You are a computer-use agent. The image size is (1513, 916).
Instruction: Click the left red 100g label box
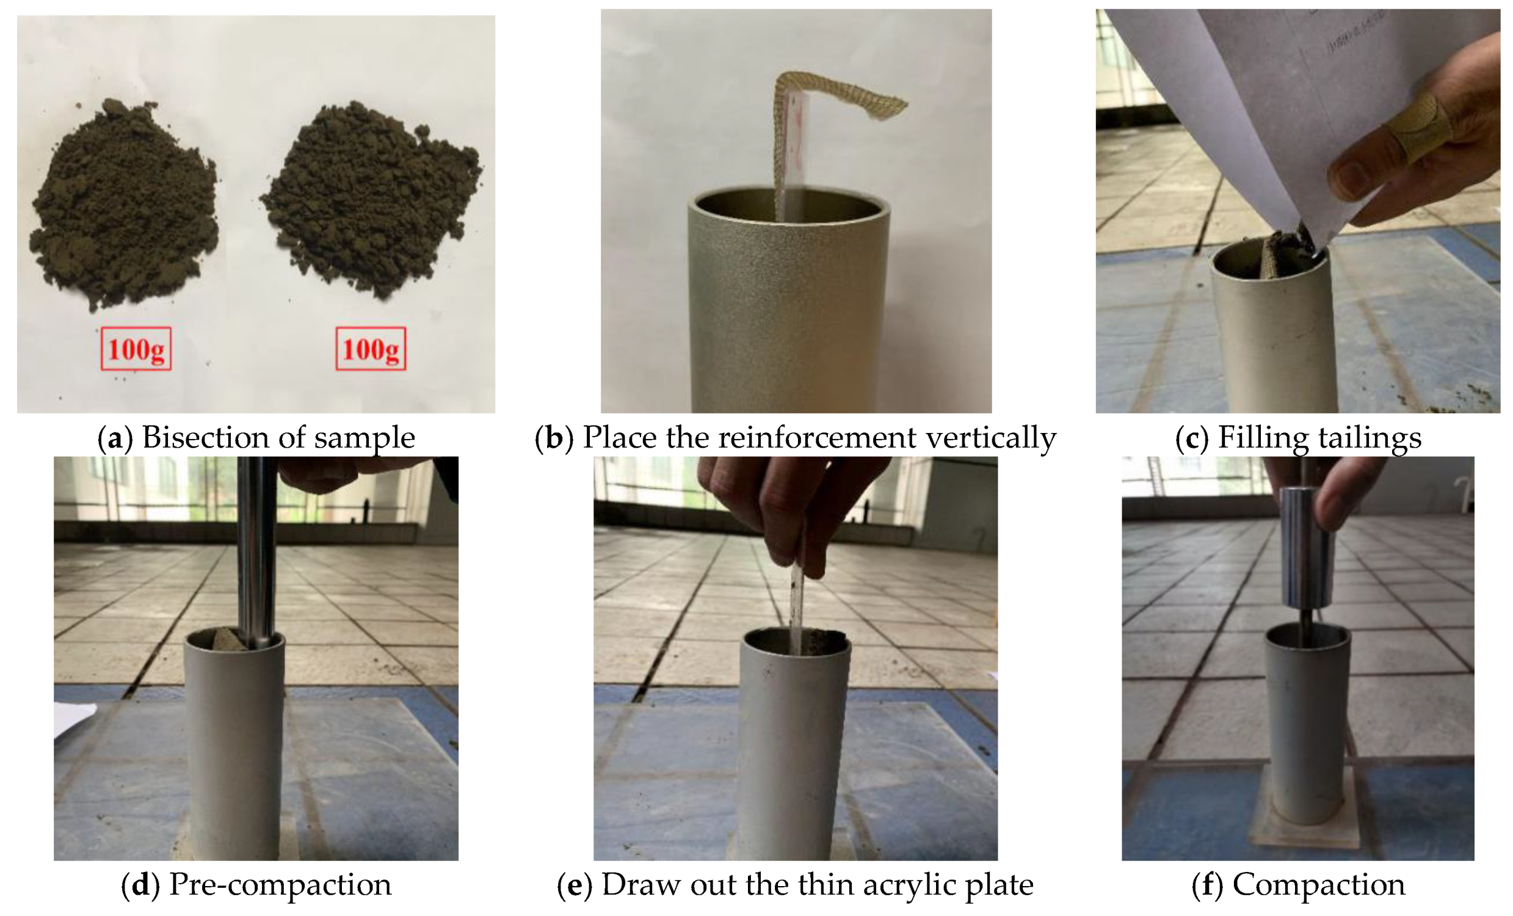coord(136,349)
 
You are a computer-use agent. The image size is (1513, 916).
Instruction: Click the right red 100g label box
coord(371,349)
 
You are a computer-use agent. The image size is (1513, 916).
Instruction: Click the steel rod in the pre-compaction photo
coord(258,553)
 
